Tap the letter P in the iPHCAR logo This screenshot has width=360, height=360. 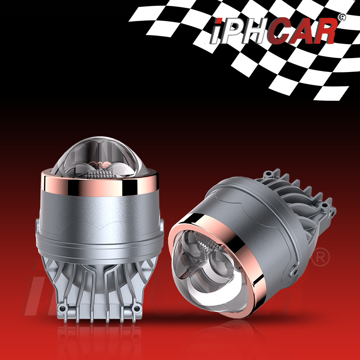pyautogui.click(x=232, y=31)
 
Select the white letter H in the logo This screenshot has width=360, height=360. pyautogui.click(x=254, y=31)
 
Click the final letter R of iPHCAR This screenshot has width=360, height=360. pyautogui.click(x=324, y=31)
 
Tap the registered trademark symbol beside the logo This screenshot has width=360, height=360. pyautogui.click(x=342, y=18)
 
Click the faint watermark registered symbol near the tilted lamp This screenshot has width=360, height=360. pyautogui.click(x=320, y=257)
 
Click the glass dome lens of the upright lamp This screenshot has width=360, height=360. pyautogui.click(x=99, y=158)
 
